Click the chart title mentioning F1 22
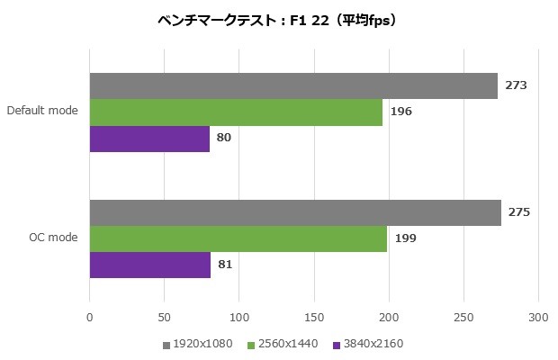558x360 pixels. pyautogui.click(x=277, y=20)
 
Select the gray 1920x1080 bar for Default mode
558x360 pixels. pyautogui.click(x=293, y=85)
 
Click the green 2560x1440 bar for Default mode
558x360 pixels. pyautogui.click(x=236, y=112)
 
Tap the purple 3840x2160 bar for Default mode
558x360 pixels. pyautogui.click(x=149, y=139)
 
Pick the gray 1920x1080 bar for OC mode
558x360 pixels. pyautogui.click(x=295, y=212)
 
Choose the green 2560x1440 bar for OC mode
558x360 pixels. pyautogui.click(x=238, y=238)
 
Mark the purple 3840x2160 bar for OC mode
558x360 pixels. pyautogui.click(x=150, y=265)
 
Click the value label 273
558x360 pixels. pyautogui.click(x=516, y=85)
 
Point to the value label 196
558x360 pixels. pyautogui.click(x=400, y=112)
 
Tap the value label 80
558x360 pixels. pyautogui.click(x=224, y=139)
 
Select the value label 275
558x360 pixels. pyautogui.click(x=519, y=212)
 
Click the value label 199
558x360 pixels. pyautogui.click(x=405, y=238)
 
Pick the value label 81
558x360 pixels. pyautogui.click(x=226, y=265)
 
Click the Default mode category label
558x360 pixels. pyautogui.click(x=42, y=112)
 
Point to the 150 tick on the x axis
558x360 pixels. pyautogui.click(x=314, y=317)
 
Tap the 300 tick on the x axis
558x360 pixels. pyautogui.click(x=538, y=317)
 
